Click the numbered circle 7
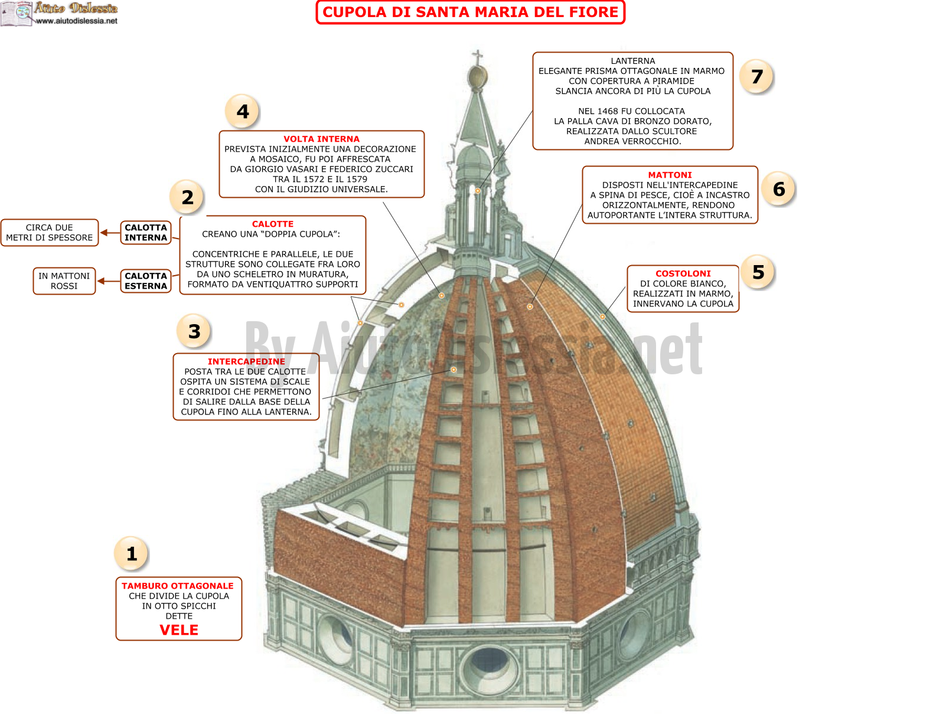(x=756, y=77)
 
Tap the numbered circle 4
(x=243, y=112)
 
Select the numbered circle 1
(x=132, y=553)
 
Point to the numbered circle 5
(x=758, y=272)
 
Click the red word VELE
(x=179, y=629)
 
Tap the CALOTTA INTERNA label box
(x=146, y=233)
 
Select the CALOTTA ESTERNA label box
(x=146, y=281)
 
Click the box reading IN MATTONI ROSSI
(x=64, y=281)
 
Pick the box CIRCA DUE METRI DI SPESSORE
(x=50, y=233)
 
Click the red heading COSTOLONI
(x=683, y=273)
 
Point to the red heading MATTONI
(x=669, y=175)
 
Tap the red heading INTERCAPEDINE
(x=246, y=361)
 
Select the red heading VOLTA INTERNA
(x=321, y=139)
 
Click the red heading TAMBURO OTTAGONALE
(x=178, y=586)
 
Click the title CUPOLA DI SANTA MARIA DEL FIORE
(x=470, y=12)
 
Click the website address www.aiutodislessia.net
(x=76, y=21)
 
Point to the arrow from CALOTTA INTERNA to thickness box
(x=110, y=233)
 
